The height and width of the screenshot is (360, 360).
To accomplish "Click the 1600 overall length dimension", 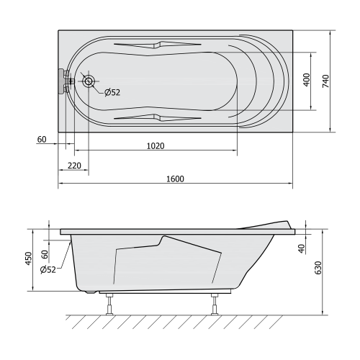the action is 175,179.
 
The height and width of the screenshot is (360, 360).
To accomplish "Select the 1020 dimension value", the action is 156,146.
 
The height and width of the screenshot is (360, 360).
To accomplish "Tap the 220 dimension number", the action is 74,166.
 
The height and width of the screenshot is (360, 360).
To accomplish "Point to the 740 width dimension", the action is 325,81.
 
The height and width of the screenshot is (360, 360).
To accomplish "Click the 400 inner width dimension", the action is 307,80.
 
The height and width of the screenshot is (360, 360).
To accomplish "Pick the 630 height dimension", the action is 318,268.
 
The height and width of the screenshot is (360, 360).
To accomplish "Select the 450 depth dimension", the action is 28,258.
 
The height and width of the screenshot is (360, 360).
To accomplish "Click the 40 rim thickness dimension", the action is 302,248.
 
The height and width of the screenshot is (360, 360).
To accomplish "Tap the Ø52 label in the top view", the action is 112,92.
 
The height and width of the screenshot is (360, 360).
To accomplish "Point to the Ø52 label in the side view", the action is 48,270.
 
